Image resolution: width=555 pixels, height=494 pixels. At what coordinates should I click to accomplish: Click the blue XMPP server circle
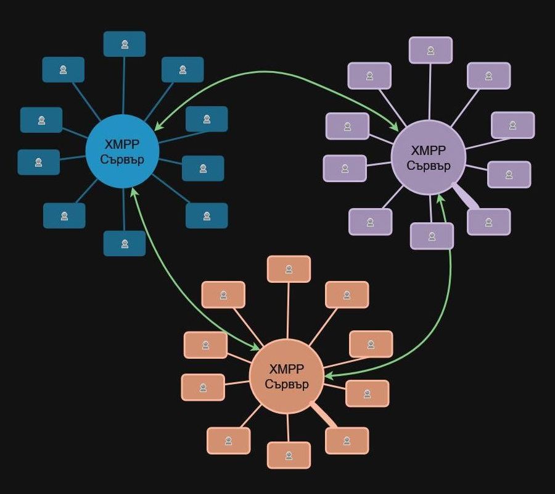click(122, 151)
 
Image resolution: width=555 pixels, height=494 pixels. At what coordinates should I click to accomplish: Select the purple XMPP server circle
click(429, 157)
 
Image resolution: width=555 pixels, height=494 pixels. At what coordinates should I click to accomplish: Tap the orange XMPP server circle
click(287, 376)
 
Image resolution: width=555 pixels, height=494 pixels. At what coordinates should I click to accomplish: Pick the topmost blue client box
click(125, 44)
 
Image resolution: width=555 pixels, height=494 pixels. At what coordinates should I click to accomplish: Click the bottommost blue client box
click(125, 243)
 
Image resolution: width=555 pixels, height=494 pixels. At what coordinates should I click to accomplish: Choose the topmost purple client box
click(431, 50)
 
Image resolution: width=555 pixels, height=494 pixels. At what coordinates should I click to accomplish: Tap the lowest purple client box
click(432, 236)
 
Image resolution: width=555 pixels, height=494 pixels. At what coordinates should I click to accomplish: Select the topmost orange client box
click(289, 269)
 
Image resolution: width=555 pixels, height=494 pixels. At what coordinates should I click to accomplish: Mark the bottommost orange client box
click(289, 455)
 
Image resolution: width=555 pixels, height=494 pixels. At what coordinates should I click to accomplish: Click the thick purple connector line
click(465, 196)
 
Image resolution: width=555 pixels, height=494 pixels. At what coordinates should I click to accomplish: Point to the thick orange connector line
click(323, 415)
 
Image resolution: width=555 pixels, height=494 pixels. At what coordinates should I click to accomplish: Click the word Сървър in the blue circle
click(122, 160)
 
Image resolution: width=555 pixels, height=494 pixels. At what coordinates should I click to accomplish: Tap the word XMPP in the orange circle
click(287, 369)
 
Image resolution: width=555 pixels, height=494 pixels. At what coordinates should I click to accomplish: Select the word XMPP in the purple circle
click(429, 151)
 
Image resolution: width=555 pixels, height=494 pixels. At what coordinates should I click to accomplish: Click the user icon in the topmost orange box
click(289, 269)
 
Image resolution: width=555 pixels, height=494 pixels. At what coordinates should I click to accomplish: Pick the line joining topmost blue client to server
click(124, 85)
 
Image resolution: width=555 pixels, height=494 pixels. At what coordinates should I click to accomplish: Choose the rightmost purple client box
click(513, 125)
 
